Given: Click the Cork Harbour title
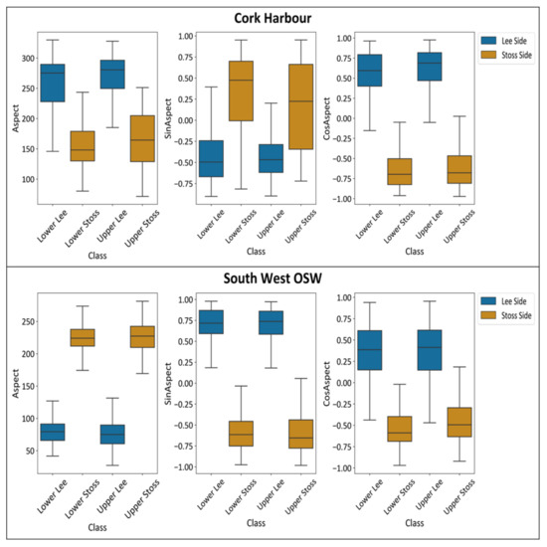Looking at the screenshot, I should tap(273, 18).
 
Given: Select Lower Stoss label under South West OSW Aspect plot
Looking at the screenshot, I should tap(83, 490).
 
